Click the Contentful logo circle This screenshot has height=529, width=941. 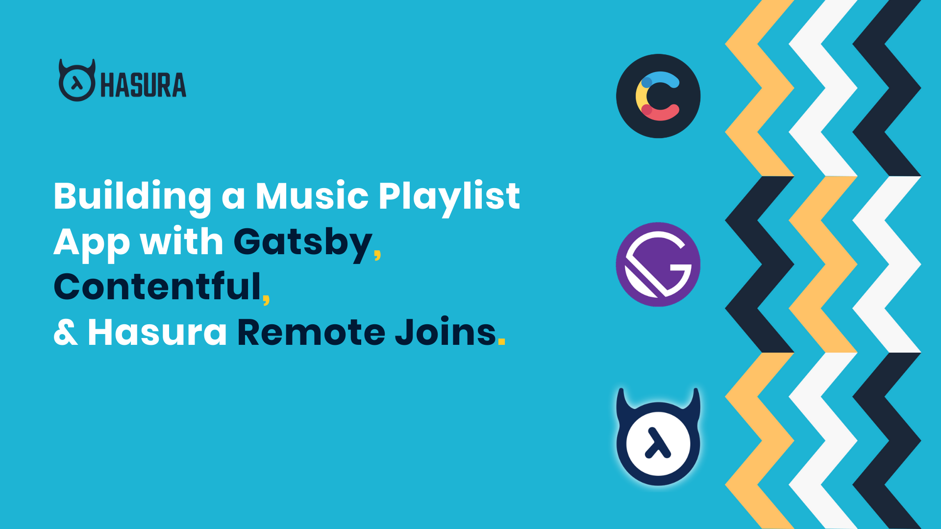[x=658, y=96]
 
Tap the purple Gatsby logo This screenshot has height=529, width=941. [x=658, y=264]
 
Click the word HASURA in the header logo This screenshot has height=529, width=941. [x=143, y=85]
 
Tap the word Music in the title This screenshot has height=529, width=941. [x=312, y=196]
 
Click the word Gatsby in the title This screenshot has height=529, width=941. [x=303, y=243]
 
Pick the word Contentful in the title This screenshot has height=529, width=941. [x=157, y=287]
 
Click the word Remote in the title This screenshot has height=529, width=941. [x=312, y=332]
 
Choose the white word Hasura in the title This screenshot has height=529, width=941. [x=157, y=332]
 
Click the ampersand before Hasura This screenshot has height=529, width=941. [x=66, y=332]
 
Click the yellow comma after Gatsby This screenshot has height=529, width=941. [x=377, y=254]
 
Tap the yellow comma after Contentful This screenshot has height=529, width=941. [x=266, y=299]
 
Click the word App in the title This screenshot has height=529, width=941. [x=92, y=243]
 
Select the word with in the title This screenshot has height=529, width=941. [x=181, y=240]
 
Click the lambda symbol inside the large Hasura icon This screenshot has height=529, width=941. [x=658, y=443]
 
